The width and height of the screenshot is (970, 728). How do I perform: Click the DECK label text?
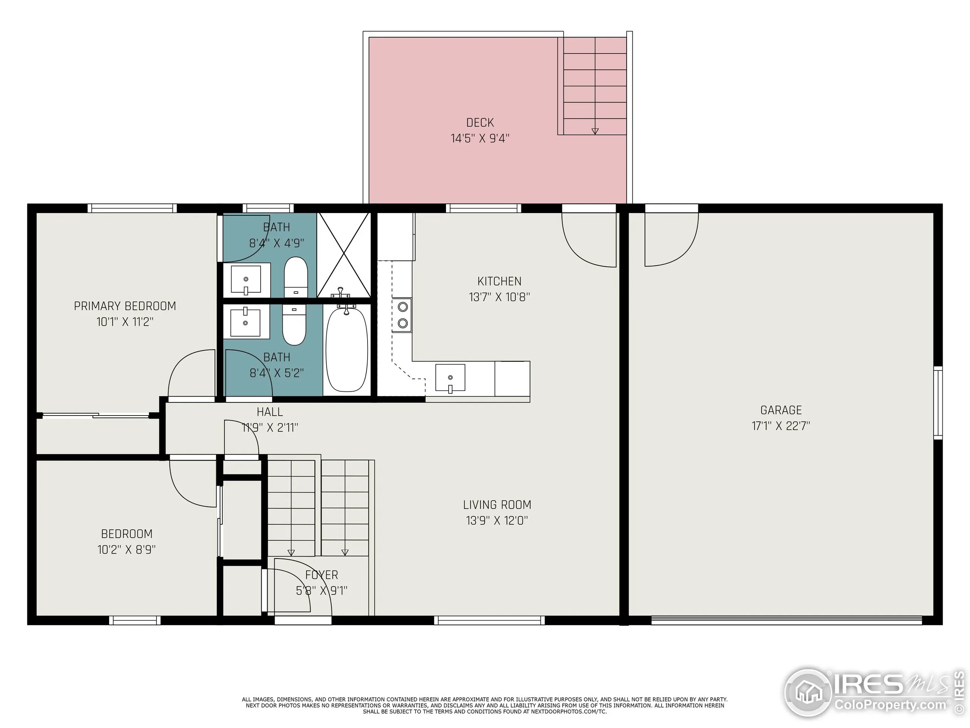point(480,122)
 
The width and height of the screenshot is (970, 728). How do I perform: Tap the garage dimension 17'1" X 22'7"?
point(781,426)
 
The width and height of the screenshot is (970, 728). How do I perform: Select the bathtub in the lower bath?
point(346,350)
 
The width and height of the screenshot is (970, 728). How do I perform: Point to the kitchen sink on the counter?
point(450,378)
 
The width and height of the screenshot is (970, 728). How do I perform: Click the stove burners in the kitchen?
point(402,315)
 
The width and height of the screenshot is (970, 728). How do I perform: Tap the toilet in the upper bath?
point(296,277)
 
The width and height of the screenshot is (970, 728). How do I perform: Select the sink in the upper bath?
point(246,279)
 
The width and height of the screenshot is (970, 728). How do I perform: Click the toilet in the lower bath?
point(294,325)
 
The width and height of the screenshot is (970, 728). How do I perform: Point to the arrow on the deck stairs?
point(595,131)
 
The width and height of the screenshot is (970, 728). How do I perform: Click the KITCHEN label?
point(499,281)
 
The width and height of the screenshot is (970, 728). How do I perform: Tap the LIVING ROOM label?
point(497,505)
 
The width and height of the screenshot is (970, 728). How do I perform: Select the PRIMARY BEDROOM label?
point(125,306)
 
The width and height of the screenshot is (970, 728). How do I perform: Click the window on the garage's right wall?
point(937,402)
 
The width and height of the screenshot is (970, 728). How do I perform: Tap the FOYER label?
point(321,574)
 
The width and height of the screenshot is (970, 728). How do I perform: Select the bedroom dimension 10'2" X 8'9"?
point(126,549)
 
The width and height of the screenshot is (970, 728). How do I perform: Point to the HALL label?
point(270,412)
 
